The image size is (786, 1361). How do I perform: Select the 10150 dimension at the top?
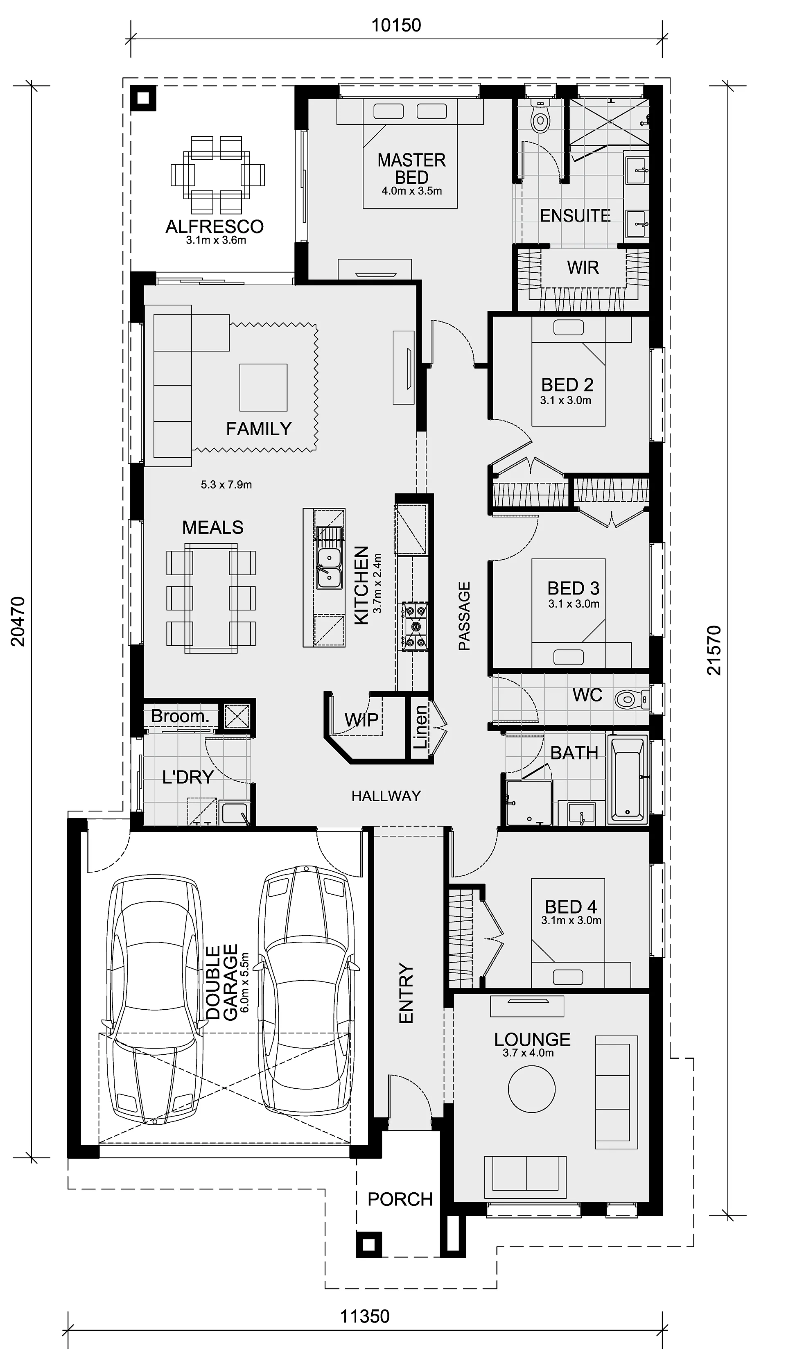396,25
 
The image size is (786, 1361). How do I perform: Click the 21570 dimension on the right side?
714,650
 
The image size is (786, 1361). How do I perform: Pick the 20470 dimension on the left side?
18,622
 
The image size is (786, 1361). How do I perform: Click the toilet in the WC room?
632,700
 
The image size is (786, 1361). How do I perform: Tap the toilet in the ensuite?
540,115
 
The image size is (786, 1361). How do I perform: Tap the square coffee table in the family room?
264,387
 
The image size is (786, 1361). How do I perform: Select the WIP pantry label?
361,720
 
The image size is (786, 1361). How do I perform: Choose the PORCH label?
400,1200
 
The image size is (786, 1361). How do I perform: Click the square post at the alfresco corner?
143,98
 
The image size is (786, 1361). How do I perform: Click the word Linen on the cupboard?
420,727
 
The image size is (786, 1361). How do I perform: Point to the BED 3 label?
573,588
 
